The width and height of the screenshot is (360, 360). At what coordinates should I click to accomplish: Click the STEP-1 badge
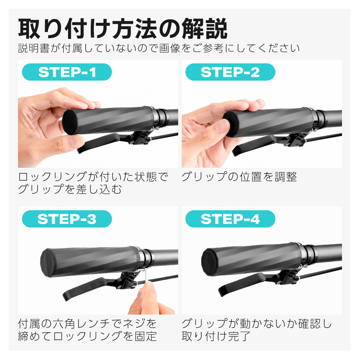[x=67, y=72]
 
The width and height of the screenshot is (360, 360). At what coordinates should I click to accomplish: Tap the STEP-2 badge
[x=230, y=72]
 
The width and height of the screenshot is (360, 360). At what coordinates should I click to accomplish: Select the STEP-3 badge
[x=67, y=219]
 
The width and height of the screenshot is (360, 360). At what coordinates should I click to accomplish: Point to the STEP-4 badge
[x=230, y=219]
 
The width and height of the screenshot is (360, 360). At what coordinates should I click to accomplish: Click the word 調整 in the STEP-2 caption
[x=286, y=177]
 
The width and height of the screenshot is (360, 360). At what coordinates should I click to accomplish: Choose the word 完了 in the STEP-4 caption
[x=239, y=336]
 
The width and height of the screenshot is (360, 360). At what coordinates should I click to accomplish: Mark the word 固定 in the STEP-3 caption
[x=145, y=336]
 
